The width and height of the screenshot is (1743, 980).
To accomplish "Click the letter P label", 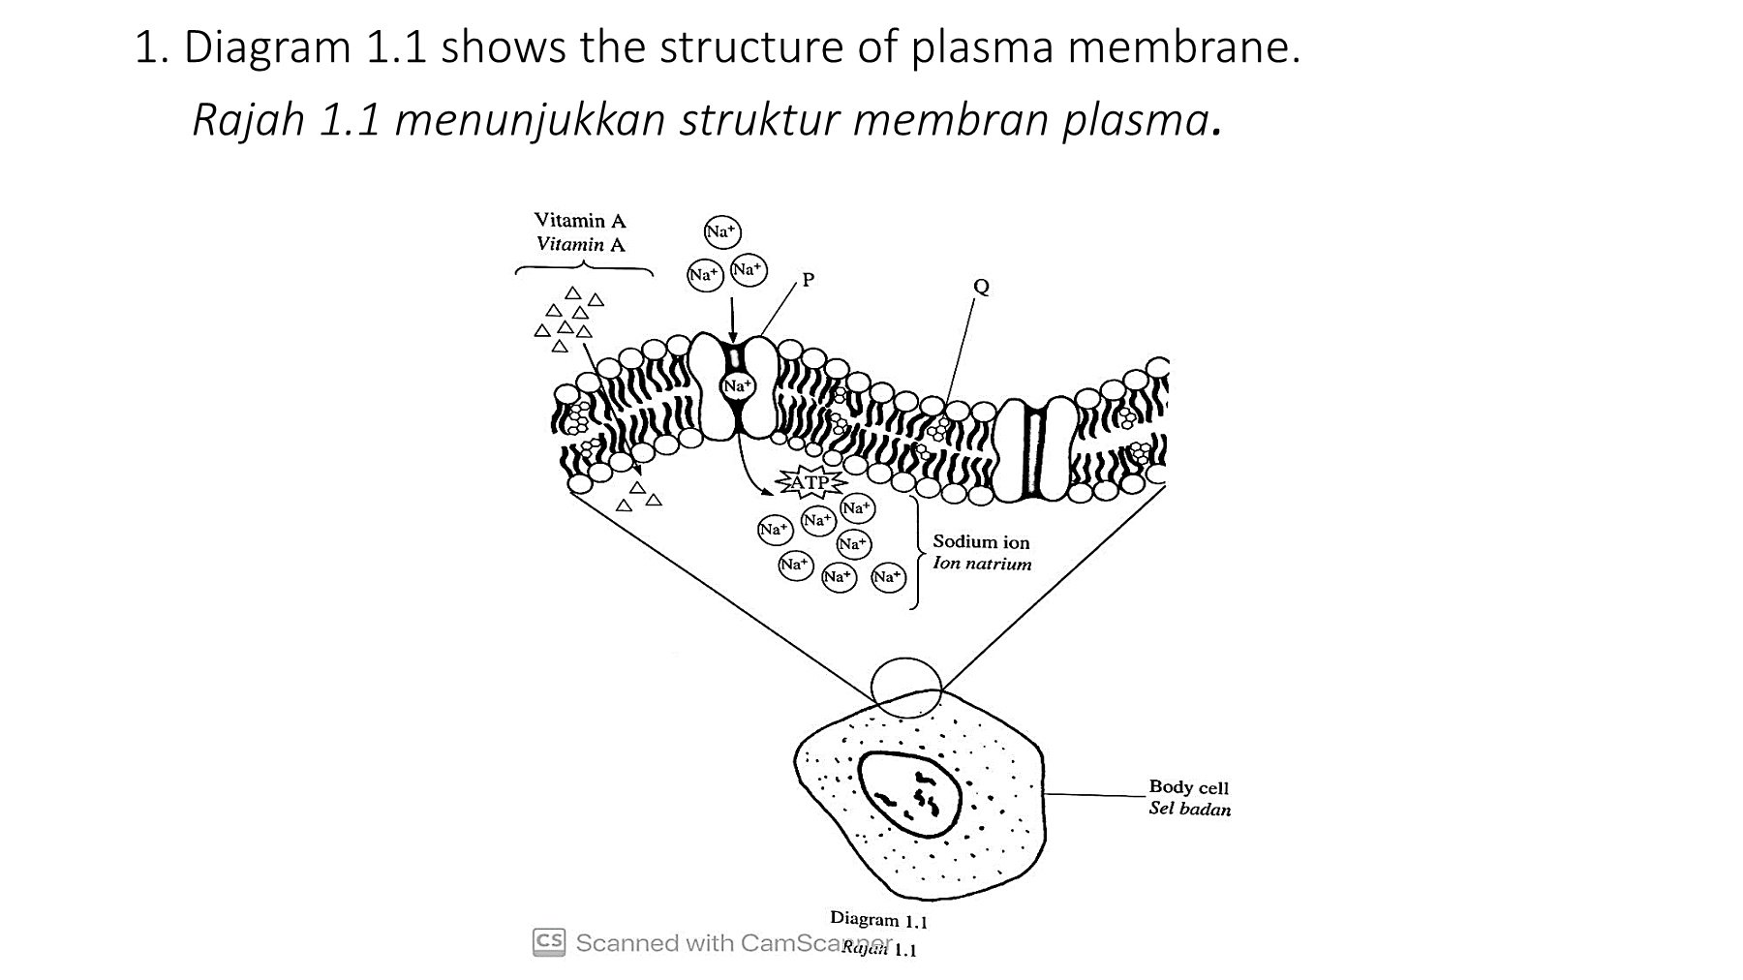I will coord(809,280).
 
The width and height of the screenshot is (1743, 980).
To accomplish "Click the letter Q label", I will coord(981,287).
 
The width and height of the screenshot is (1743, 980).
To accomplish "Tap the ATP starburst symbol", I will coord(810,482).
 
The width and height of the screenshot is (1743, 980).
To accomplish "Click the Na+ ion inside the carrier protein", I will coord(737,386).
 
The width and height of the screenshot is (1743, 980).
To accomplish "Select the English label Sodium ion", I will coord(981,542).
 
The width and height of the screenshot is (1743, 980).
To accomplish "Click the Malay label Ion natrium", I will coord(982,564).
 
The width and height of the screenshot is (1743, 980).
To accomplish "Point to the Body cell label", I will coord(1188,787).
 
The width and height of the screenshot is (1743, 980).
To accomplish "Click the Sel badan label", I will coord(1189,809).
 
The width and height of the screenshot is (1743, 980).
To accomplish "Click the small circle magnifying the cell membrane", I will coord(906,687).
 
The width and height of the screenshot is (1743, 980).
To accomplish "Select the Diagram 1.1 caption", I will coord(878,919).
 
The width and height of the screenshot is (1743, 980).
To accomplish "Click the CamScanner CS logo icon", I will coord(549,942).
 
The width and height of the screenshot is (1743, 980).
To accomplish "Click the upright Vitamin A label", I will coord(580,221).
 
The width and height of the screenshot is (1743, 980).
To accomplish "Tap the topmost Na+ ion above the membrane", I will coord(721,232).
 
